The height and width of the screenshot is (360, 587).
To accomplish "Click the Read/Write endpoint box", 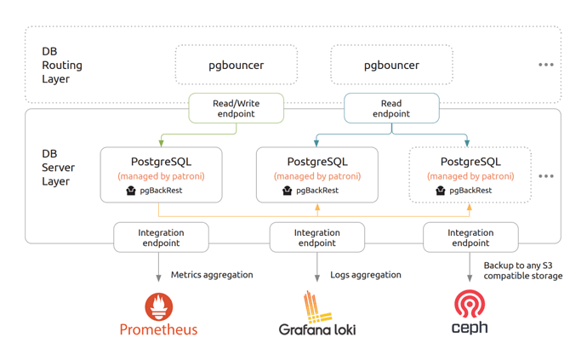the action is point(237,108).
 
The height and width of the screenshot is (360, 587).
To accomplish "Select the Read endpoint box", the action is point(391,108).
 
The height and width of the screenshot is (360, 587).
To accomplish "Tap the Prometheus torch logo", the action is point(159,306).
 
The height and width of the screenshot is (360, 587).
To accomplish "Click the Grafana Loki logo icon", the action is point(317,306).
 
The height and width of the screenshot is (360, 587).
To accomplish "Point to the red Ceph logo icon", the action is point(470,304).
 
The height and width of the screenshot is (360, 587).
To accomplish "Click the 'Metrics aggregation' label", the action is point(212,275).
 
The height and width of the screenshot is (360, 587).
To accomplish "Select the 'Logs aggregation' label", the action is point(365,275).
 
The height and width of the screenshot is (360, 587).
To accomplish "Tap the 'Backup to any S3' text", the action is point(518,266).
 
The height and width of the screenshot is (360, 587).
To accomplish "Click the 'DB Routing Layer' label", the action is point(62,66).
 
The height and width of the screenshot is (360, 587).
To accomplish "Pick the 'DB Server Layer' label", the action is point(58,168).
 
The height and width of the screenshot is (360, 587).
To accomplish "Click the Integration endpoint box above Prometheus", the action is point(161,237).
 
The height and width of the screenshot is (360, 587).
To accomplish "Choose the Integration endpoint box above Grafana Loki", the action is point(317,237).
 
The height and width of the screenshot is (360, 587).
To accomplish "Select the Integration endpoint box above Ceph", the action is point(470,237).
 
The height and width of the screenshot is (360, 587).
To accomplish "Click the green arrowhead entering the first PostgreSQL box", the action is point(162,144).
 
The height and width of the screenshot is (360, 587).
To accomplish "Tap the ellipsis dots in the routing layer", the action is point(546,65).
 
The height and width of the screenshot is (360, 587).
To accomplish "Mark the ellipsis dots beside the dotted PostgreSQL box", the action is point(546,176).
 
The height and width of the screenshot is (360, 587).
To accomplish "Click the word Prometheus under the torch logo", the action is point(158,329).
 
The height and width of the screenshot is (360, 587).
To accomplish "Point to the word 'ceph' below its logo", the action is point(470,328).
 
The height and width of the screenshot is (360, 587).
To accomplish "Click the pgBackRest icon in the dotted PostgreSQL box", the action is point(441,191).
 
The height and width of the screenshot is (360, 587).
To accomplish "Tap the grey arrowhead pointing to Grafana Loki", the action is point(317,278).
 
